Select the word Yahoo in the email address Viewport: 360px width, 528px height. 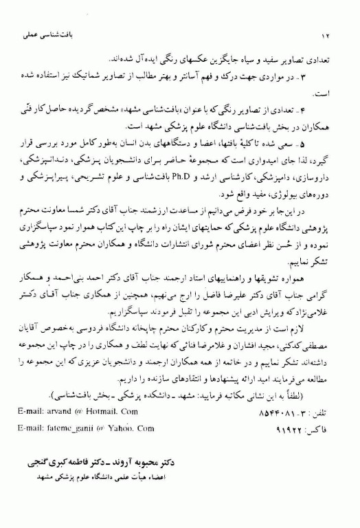(117, 428)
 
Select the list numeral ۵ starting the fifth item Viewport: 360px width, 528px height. (327, 144)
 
